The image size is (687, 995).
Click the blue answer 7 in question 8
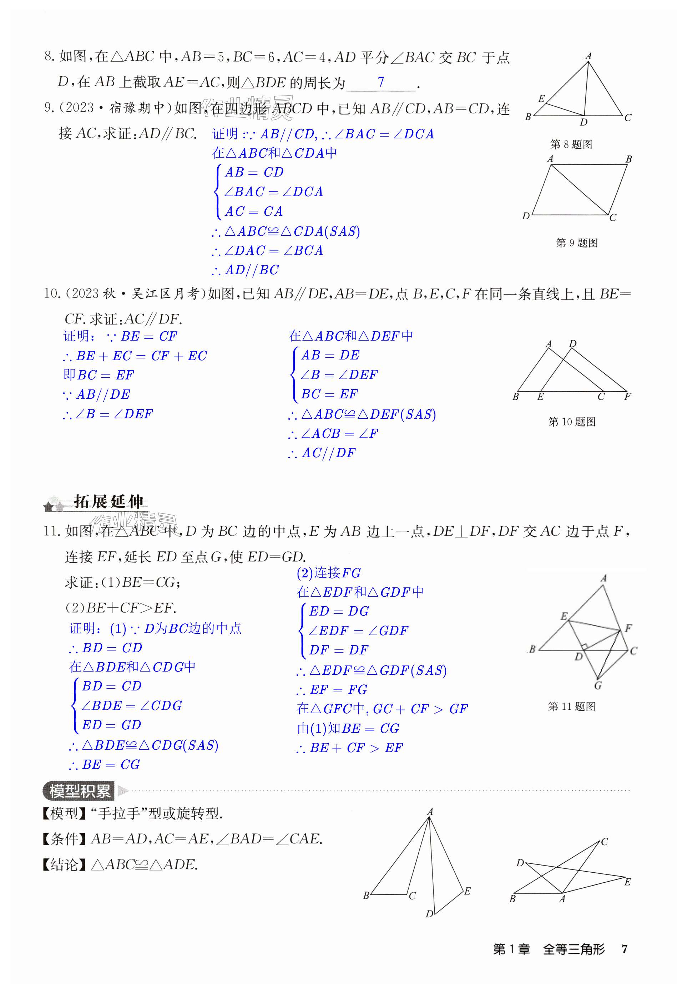click(x=380, y=82)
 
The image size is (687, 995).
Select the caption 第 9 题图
click(x=576, y=243)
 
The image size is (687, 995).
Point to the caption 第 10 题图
click(x=572, y=422)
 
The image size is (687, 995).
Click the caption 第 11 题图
click(x=571, y=706)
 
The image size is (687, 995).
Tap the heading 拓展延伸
click(x=108, y=501)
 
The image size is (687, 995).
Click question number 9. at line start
click(x=50, y=108)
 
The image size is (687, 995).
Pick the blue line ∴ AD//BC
click(x=246, y=270)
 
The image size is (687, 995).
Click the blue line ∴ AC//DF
click(x=322, y=453)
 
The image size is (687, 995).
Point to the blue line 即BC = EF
click(x=99, y=375)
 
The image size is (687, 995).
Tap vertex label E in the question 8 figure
click(x=541, y=98)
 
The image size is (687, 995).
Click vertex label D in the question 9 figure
click(x=526, y=216)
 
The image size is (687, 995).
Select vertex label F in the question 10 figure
click(x=628, y=397)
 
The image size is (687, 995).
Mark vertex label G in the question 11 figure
click(x=598, y=685)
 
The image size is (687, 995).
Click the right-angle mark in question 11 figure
click(x=584, y=646)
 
